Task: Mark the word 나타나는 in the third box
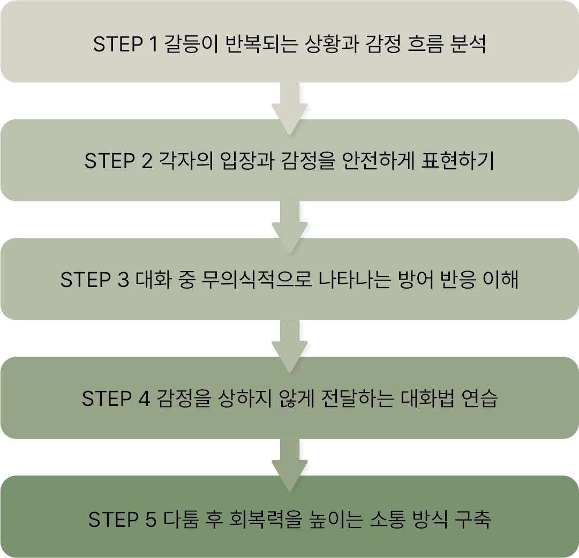[x=351, y=281]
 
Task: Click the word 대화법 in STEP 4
[x=423, y=399]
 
